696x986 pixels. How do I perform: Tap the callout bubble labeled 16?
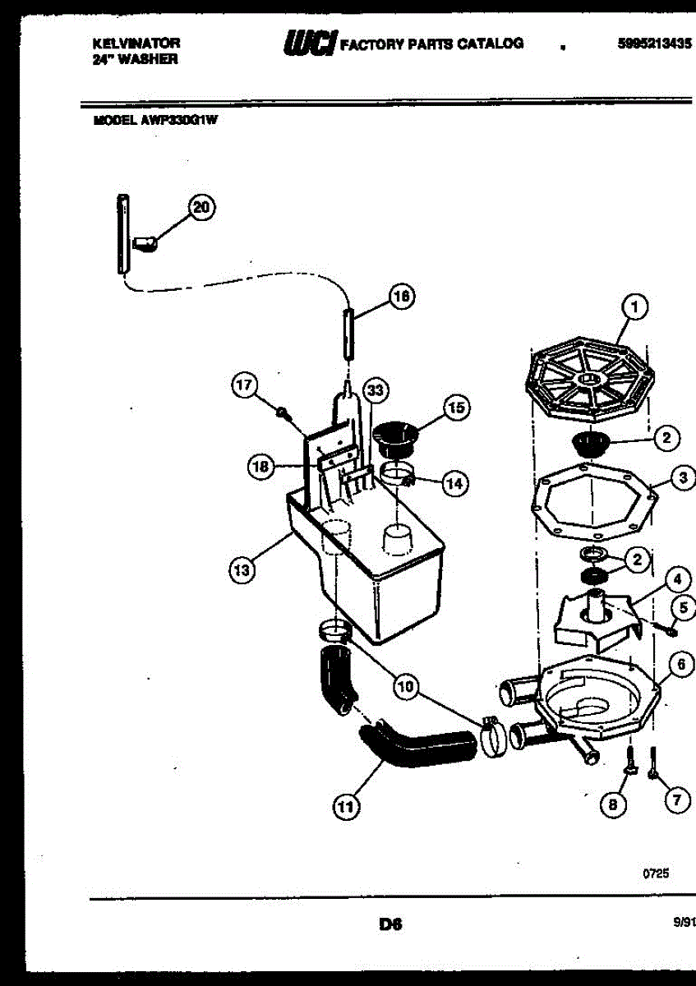click(x=400, y=297)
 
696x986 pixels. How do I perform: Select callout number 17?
click(x=245, y=385)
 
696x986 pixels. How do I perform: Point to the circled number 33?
click(x=376, y=389)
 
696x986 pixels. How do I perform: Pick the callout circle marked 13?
click(x=241, y=570)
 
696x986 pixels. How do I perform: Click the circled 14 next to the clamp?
click(x=453, y=483)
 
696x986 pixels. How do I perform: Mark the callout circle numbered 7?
click(x=677, y=800)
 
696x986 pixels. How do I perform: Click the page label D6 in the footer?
click(x=389, y=924)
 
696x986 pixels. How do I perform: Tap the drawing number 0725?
click(x=656, y=874)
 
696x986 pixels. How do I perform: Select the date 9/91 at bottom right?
click(x=684, y=923)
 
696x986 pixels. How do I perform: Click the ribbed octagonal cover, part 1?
click(x=589, y=382)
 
